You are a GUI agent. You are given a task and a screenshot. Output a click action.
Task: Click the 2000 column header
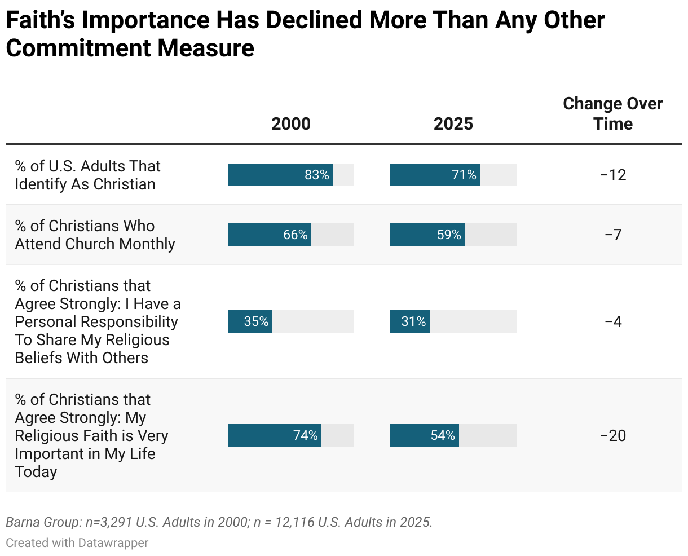tap(290, 123)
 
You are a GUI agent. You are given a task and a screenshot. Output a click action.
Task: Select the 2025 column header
tap(453, 123)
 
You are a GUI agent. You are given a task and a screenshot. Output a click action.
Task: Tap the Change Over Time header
tap(613, 114)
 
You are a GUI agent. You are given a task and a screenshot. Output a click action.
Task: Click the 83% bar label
tap(317, 175)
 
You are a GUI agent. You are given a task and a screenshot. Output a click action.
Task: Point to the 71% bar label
tap(464, 175)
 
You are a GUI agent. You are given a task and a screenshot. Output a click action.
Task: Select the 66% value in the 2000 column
tap(296, 235)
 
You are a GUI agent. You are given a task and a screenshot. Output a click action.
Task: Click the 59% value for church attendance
tap(449, 235)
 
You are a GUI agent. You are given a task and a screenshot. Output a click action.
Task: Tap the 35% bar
tap(250, 321)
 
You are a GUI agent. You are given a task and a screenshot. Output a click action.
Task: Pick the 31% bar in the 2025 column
tap(410, 321)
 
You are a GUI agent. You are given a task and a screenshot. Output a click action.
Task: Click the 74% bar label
tap(306, 435)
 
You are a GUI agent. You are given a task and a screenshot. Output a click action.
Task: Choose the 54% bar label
tap(443, 435)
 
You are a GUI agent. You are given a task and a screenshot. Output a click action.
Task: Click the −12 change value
tap(613, 175)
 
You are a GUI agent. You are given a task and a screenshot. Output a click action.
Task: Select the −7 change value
tap(613, 235)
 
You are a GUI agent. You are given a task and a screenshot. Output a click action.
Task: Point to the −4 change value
tap(613, 321)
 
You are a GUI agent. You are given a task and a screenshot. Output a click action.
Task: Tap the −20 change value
tap(613, 435)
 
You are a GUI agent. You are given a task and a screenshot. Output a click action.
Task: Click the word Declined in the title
tap(314, 20)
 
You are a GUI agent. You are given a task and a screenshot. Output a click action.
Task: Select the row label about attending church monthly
tap(95, 235)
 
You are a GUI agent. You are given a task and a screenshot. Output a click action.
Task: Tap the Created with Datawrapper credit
tap(77, 543)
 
